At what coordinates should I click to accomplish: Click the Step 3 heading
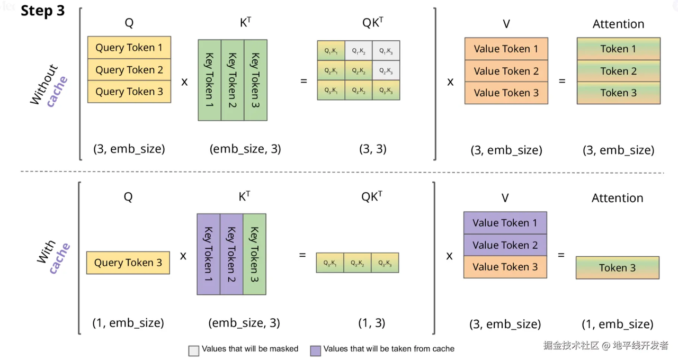click(42, 11)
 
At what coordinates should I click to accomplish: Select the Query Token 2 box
click(129, 70)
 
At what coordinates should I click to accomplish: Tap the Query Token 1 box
click(129, 48)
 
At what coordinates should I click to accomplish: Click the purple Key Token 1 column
click(208, 254)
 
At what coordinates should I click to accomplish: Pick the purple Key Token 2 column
click(231, 254)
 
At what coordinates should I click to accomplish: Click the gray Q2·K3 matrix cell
click(386, 70)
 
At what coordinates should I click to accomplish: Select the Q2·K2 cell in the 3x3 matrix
click(359, 70)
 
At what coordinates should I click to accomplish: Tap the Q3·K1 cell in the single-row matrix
click(330, 263)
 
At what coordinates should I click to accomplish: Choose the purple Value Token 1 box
click(505, 223)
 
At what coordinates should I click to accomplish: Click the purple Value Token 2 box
click(505, 245)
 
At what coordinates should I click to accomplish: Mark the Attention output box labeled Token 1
click(618, 49)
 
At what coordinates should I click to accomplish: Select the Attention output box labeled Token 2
click(618, 71)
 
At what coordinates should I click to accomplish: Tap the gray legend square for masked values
click(194, 350)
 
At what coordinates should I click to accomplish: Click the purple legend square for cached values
click(316, 350)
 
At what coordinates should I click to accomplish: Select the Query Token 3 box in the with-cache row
click(128, 263)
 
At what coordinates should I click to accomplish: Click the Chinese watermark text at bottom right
click(606, 346)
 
